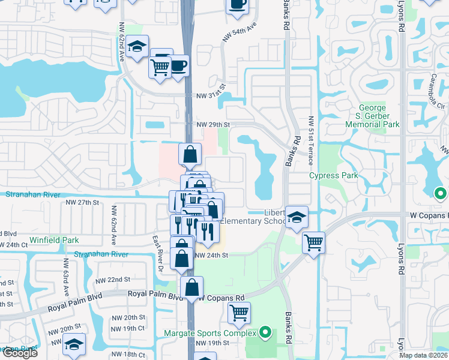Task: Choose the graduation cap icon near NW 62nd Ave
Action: pos(137,47)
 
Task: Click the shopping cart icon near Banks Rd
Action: pos(313,243)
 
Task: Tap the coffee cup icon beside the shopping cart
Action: pos(179,65)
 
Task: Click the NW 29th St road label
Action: pos(213,124)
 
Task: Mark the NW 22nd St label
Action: pos(113,280)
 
